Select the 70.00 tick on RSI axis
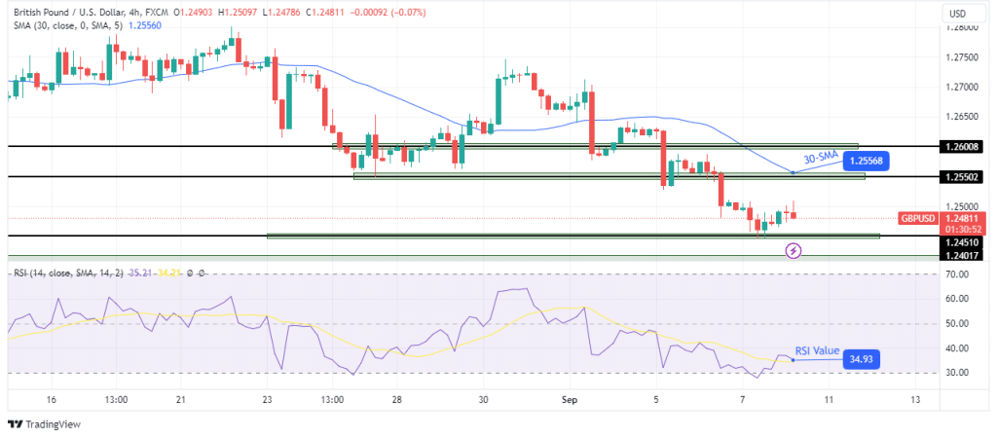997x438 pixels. (958, 274)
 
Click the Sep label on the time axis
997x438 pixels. (572, 399)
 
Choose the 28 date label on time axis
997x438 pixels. (397, 399)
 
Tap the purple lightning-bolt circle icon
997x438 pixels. (794, 251)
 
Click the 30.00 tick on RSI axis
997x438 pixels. (958, 373)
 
